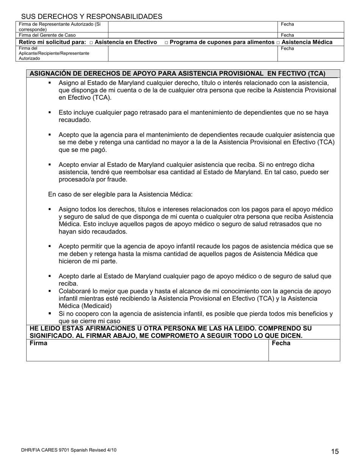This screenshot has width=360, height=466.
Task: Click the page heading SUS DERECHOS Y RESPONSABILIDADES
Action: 92,17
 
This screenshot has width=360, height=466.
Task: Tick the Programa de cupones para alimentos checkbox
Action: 166,42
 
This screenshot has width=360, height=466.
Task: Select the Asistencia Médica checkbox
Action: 278,42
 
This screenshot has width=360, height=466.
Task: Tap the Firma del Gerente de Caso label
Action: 47,35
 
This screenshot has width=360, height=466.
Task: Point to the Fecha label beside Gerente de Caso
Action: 287,35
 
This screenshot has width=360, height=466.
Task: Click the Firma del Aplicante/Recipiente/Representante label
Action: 54,53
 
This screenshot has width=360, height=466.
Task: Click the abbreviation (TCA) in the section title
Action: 316,73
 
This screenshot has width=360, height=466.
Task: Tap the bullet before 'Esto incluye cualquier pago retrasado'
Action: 50,113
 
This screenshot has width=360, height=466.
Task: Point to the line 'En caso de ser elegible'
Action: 120,194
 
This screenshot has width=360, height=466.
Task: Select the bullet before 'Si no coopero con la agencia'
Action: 50,314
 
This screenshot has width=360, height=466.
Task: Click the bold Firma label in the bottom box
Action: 38,343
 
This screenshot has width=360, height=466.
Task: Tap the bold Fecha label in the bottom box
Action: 281,343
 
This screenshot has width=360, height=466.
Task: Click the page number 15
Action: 335,451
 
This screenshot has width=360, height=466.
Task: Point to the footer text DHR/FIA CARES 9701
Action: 69,450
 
